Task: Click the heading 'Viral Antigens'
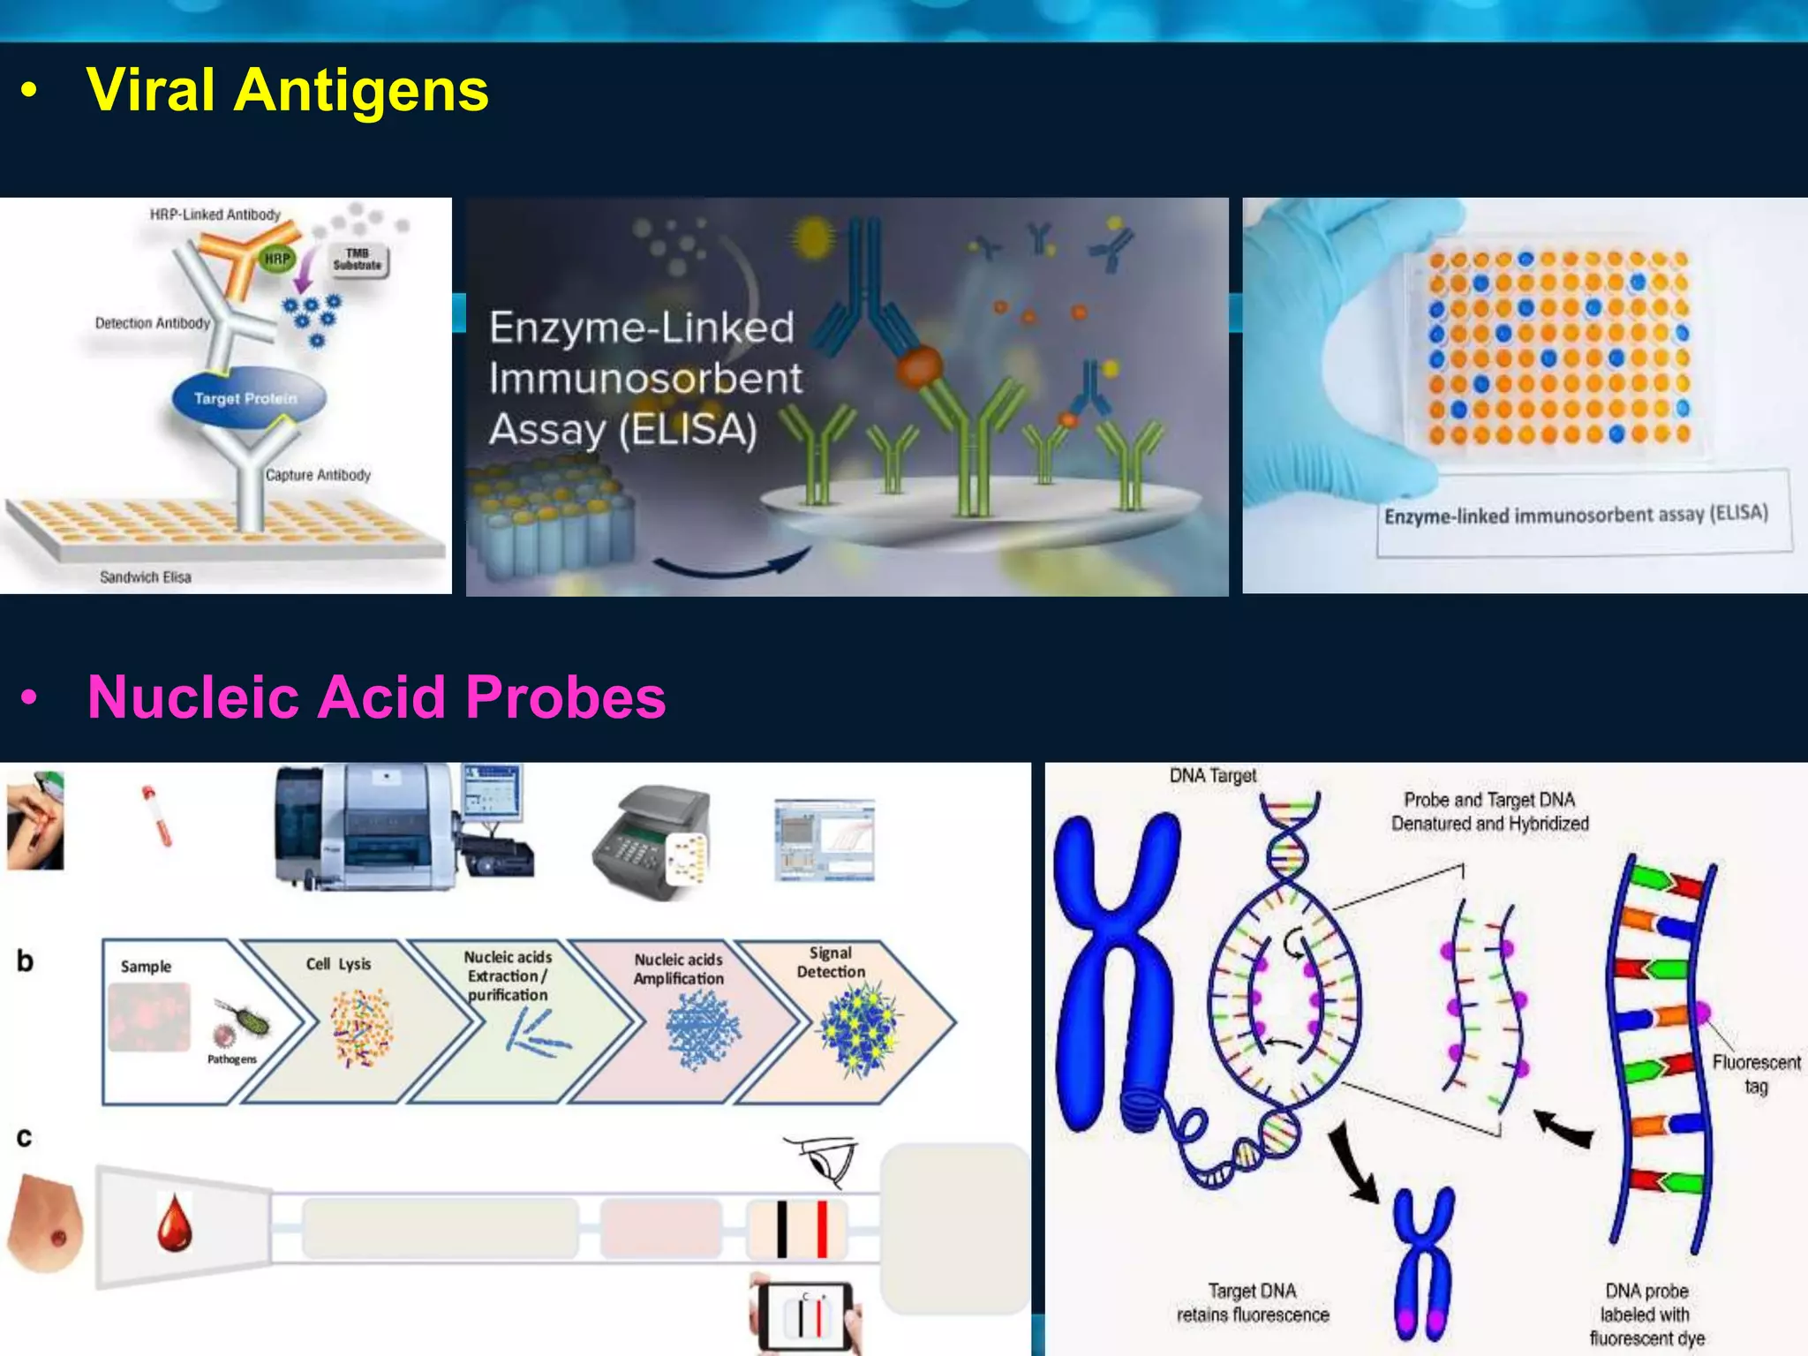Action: coord(287,90)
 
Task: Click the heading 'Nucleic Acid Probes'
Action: coord(376,697)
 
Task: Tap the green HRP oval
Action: coord(277,259)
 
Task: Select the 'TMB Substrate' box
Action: coord(358,259)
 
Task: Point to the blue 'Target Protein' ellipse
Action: coord(246,398)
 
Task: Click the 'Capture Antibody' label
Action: coord(318,475)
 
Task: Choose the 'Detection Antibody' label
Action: coord(153,323)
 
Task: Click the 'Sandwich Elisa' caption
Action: coord(145,577)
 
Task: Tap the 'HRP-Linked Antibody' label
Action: coord(215,215)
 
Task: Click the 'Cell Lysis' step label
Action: coord(338,964)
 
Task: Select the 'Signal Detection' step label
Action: coord(831,962)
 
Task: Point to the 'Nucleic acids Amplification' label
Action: coord(678,968)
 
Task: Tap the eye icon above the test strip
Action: coord(826,1159)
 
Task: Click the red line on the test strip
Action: coord(822,1228)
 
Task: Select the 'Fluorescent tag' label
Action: coord(1756,1073)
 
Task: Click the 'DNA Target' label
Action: coord(1212,776)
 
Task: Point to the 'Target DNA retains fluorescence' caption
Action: coord(1253,1302)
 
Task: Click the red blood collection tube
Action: coord(157,816)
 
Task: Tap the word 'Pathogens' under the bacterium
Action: coord(232,1058)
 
